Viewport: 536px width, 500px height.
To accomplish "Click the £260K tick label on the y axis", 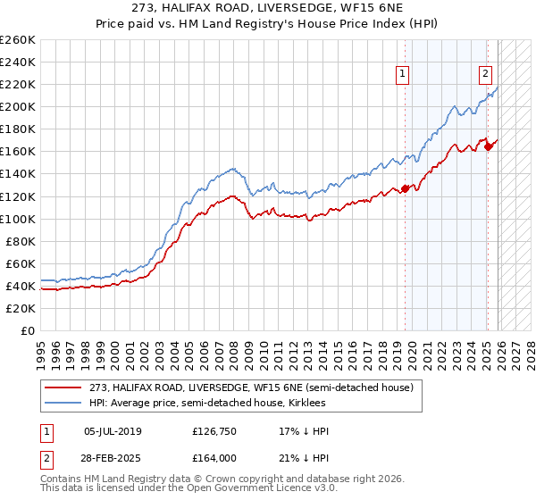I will pos(18,40).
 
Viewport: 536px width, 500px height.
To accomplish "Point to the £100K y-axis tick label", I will pos(18,219).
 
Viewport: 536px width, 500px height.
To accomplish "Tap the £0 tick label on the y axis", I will pos(27,330).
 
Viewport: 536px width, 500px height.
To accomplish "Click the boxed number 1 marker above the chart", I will pos(404,75).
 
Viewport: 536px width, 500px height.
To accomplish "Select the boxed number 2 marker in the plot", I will pos(485,75).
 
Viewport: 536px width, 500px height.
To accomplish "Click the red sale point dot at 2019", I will pos(405,188).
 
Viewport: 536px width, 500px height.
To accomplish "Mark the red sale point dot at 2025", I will pos(489,146).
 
